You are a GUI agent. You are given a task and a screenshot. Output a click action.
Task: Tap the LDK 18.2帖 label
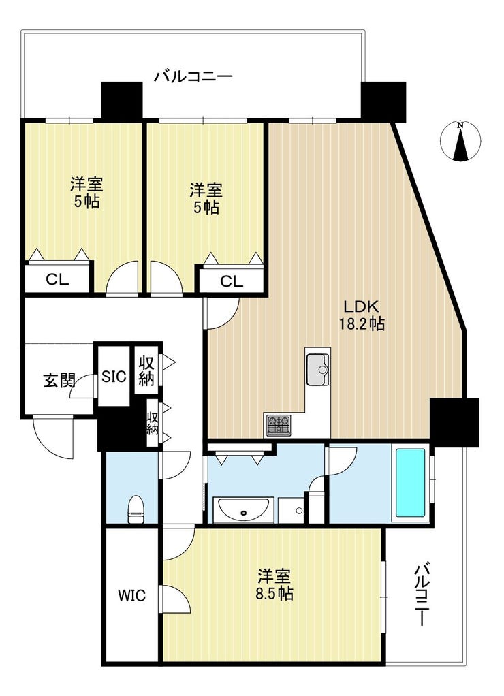point(360,315)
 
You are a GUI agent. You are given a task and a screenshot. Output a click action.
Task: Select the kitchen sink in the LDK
point(317,370)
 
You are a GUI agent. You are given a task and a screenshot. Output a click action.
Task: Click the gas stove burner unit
point(278,426)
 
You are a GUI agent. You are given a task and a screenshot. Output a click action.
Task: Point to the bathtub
point(411,482)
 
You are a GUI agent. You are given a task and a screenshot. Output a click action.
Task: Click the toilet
point(136,509)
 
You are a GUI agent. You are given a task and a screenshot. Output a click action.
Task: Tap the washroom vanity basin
point(243,509)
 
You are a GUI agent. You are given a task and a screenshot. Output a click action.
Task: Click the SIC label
point(114,376)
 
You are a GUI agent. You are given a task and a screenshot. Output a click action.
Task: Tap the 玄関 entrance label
point(59,381)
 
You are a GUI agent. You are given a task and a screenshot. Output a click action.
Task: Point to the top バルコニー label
point(193,76)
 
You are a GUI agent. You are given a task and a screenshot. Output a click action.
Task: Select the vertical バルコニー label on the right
point(423,595)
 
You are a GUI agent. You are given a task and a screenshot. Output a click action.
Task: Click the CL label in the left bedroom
point(57,279)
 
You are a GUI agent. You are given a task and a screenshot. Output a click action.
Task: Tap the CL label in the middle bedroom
point(231,281)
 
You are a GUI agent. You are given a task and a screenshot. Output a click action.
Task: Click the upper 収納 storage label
point(146,370)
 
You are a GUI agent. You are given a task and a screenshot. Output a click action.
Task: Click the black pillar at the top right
point(383,101)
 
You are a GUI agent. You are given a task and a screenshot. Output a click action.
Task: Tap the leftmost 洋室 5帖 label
point(87,193)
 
